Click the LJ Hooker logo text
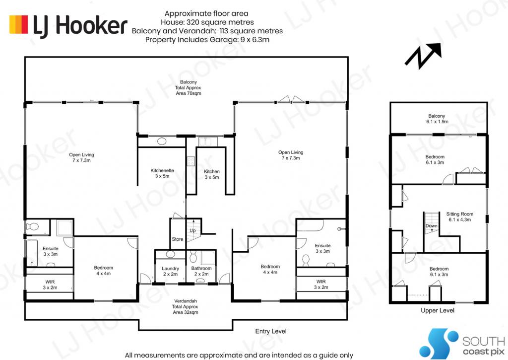[80, 25]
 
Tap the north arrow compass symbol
[423, 56]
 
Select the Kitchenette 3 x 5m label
[162, 173]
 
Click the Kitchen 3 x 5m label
[211, 174]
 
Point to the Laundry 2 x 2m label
[170, 271]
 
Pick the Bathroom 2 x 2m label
[201, 271]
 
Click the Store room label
[178, 239]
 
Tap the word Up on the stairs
[193, 230]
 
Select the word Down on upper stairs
[431, 226]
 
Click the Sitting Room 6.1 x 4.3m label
[460, 216]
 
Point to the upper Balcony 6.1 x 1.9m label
[437, 119]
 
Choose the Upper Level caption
[438, 310]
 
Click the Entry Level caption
[271, 331]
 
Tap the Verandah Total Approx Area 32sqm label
[185, 306]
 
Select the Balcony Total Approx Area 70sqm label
[188, 87]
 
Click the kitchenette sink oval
[161, 142]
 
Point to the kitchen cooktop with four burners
[190, 161]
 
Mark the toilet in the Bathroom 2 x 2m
[193, 257]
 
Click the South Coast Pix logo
[462, 344]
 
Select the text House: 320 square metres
[207, 22]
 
